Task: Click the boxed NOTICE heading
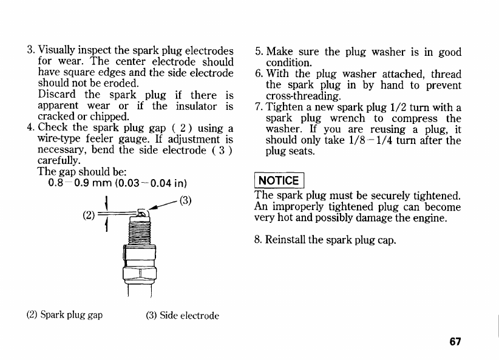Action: click(279, 180)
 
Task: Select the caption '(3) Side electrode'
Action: click(182, 315)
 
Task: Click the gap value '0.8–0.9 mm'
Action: click(73, 183)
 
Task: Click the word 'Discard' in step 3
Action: click(56, 95)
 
